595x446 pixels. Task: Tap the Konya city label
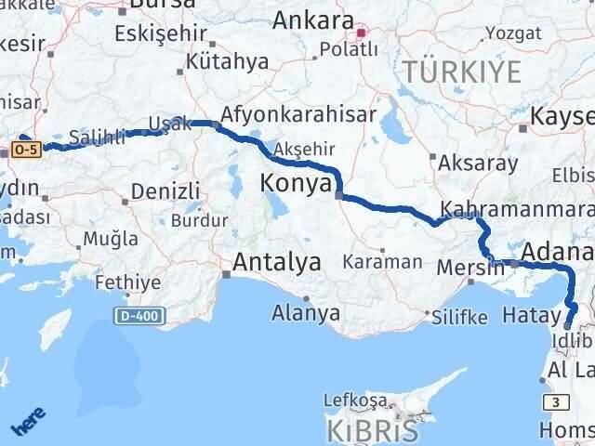coord(295,183)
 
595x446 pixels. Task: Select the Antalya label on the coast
coord(277,262)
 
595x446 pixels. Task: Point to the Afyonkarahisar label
coord(299,113)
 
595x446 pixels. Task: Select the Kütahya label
coord(228,62)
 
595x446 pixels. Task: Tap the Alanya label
coord(306,313)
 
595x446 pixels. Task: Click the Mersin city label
coord(470,268)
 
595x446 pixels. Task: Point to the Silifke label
coord(459,317)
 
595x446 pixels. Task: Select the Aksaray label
coord(477,163)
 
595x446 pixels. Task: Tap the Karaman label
coord(382,262)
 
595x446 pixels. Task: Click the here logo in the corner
coord(28,423)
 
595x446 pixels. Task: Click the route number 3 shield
coord(556,401)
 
